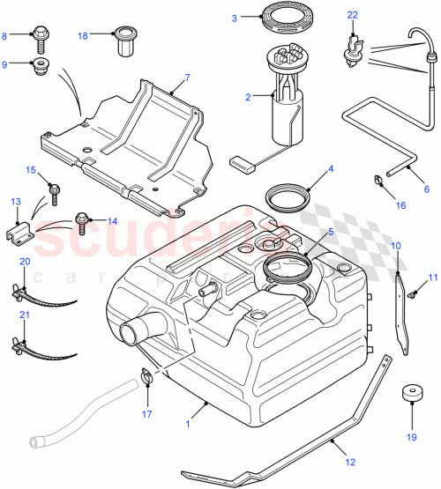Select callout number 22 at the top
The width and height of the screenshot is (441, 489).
coord(353,16)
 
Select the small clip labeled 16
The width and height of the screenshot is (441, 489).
coord(376,184)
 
